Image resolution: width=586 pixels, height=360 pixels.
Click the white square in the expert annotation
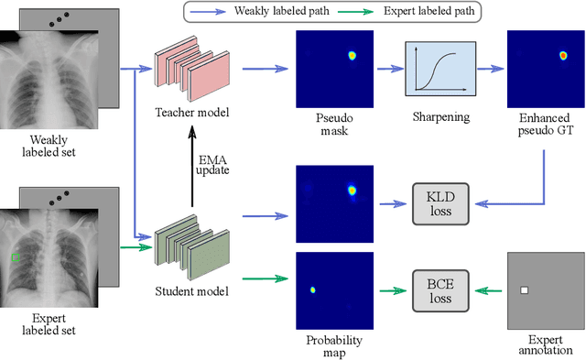point(525,290)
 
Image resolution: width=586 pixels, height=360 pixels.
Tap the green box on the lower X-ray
point(16,258)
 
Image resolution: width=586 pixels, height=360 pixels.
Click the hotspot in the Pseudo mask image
point(351,56)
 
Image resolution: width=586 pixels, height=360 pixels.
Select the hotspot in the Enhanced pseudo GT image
point(563,56)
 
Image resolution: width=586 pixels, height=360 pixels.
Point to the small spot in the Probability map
point(312,289)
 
